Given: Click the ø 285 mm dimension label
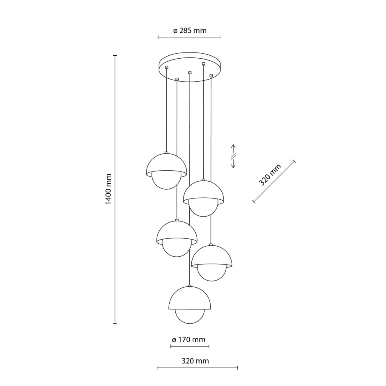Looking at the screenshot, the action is point(190,31).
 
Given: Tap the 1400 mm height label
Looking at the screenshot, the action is point(108,189).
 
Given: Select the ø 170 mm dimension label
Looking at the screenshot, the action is point(188,340).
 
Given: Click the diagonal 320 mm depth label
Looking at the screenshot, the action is point(270,175).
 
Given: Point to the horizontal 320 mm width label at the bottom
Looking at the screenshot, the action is point(195,361).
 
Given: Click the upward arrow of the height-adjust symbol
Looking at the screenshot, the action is point(233,150).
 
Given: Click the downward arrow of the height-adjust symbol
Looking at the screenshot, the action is point(233,162).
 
